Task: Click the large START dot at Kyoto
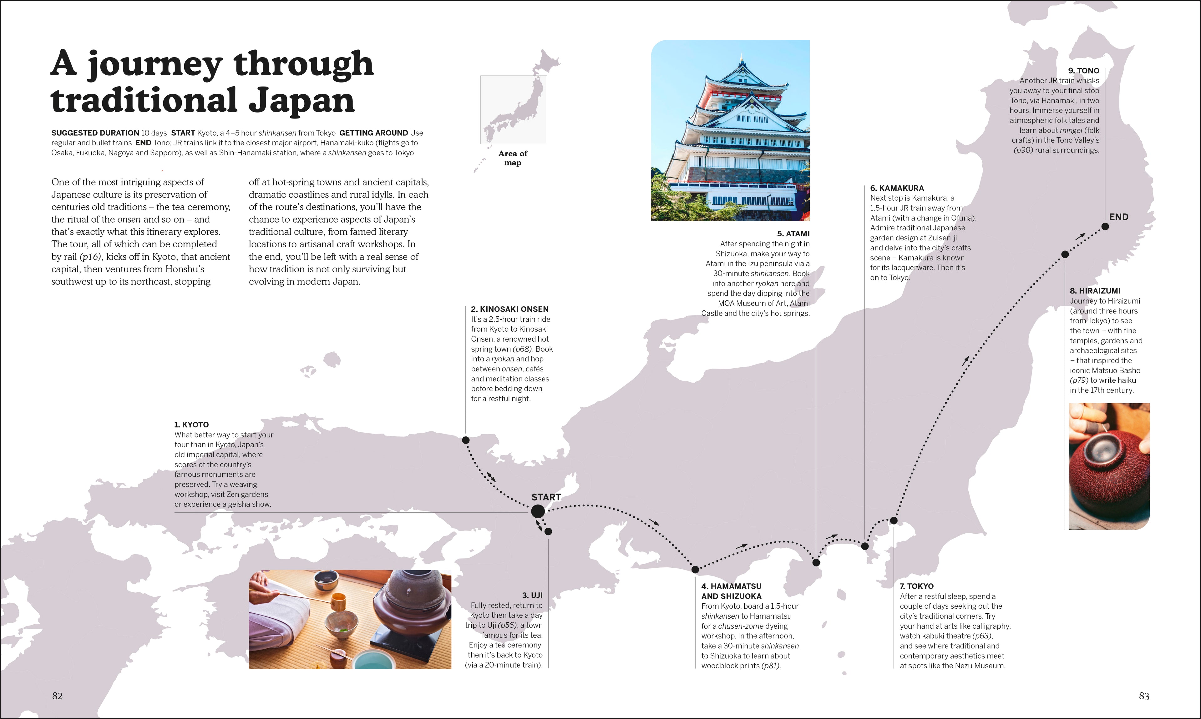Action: tap(538, 511)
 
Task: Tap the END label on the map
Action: tap(1119, 217)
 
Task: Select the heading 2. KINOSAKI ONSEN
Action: tap(509, 309)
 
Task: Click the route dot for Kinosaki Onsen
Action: tap(466, 440)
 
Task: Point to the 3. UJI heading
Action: tap(532, 595)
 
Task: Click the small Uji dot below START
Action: tap(548, 531)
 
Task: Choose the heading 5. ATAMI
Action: tap(793, 234)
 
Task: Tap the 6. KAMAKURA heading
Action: tap(897, 188)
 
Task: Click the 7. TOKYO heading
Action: tap(916, 586)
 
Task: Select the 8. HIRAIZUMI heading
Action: tap(1095, 291)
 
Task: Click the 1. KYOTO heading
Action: tap(191, 425)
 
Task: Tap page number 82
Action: tap(57, 696)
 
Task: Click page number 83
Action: tap(1144, 696)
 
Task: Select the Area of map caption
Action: tap(512, 158)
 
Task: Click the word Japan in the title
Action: tap(302, 100)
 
